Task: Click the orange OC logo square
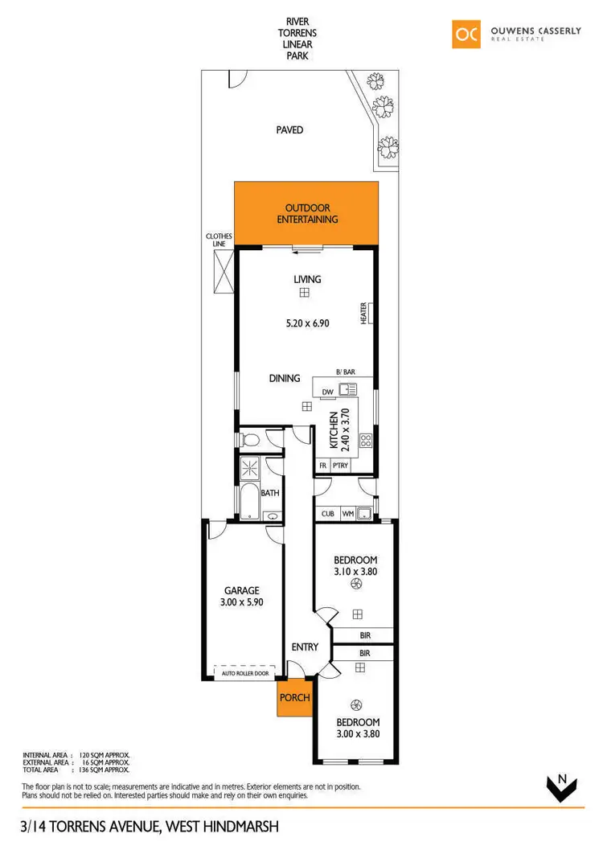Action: tap(467, 34)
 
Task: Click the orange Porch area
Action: tap(294, 697)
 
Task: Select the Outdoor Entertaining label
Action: tap(307, 213)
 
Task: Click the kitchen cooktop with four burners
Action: tap(366, 440)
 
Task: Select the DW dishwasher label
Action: tap(327, 392)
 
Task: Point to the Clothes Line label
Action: tap(219, 240)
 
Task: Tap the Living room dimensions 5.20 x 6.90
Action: tap(308, 323)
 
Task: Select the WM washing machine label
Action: tap(348, 513)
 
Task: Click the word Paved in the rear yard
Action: tap(289, 129)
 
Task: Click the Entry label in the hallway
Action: tap(305, 647)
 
